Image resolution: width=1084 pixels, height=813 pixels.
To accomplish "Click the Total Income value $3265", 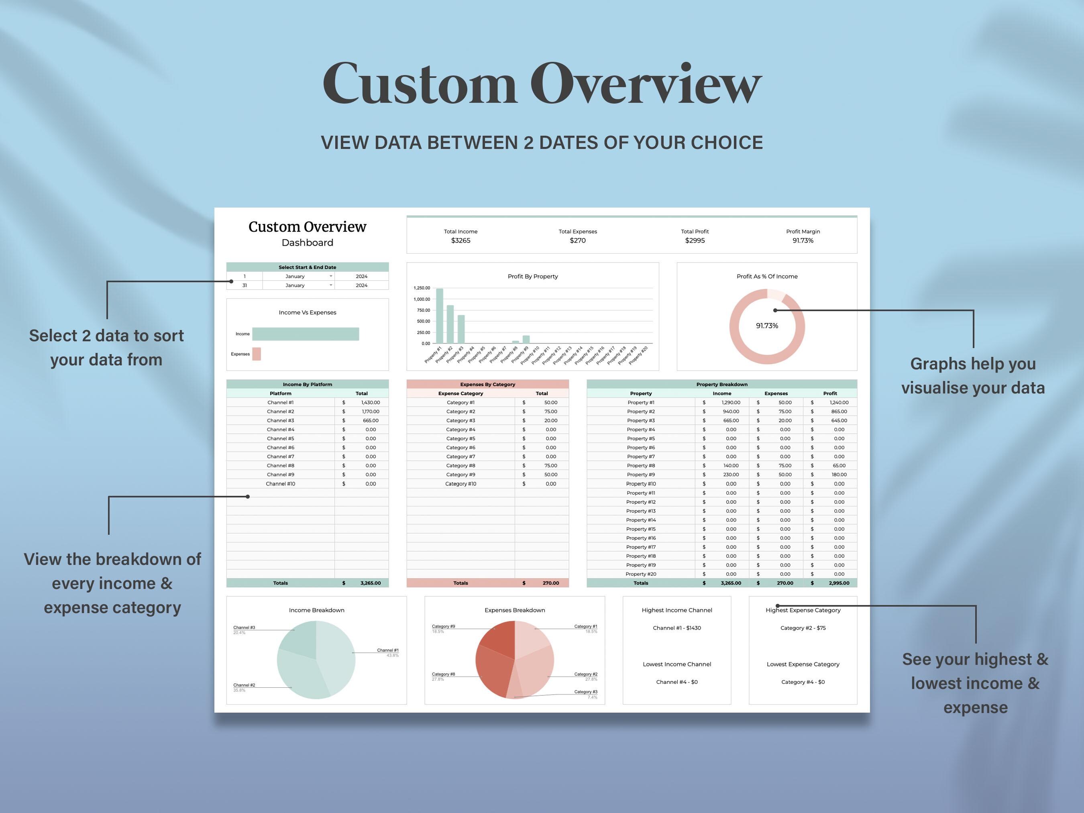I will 460,240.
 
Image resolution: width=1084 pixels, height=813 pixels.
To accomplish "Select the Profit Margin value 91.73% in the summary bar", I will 803,240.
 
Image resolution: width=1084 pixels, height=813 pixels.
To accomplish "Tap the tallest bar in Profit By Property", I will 439,316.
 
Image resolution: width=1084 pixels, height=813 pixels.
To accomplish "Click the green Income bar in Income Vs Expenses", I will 305,334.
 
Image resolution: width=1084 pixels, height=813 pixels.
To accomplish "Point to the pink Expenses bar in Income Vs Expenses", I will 256,354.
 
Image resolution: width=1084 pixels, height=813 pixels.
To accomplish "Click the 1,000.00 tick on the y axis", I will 422,299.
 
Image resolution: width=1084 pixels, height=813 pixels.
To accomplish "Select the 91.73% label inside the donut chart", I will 766,326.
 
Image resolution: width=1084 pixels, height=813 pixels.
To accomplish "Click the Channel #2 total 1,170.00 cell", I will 370,412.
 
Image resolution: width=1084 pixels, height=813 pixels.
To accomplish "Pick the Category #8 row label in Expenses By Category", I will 460,466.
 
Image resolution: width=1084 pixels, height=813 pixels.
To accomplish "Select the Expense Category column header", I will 460,393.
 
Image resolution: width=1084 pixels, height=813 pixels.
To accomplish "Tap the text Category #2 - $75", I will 803,628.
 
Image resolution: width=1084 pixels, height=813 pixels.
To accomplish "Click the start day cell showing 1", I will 245,276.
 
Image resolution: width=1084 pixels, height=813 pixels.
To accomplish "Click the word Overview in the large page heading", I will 646,84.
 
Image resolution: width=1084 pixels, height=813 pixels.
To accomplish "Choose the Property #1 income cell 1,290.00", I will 731,402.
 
